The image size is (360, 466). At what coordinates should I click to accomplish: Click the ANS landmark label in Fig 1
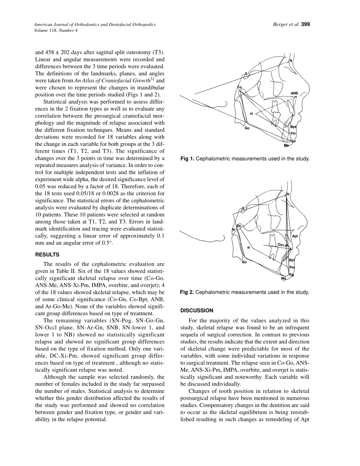pos(294,93)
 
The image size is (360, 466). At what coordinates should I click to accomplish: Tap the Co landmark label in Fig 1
pos(239,88)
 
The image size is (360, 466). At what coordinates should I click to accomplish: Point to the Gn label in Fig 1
pos(293,141)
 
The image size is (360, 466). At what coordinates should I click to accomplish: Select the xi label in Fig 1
pos(251,113)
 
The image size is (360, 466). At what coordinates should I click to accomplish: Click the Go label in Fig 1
pos(247,128)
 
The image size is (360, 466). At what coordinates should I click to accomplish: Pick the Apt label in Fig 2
pos(295,236)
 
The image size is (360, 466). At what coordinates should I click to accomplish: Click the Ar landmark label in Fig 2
pos(233,229)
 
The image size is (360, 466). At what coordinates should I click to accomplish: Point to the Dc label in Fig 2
pos(239,226)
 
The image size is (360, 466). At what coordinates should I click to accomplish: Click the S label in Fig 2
pos(243,208)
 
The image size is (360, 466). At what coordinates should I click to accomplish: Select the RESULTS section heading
pos(47,255)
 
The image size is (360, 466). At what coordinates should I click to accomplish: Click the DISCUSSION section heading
pos(197,310)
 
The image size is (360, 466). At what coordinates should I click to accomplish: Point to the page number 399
pos(305,25)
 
